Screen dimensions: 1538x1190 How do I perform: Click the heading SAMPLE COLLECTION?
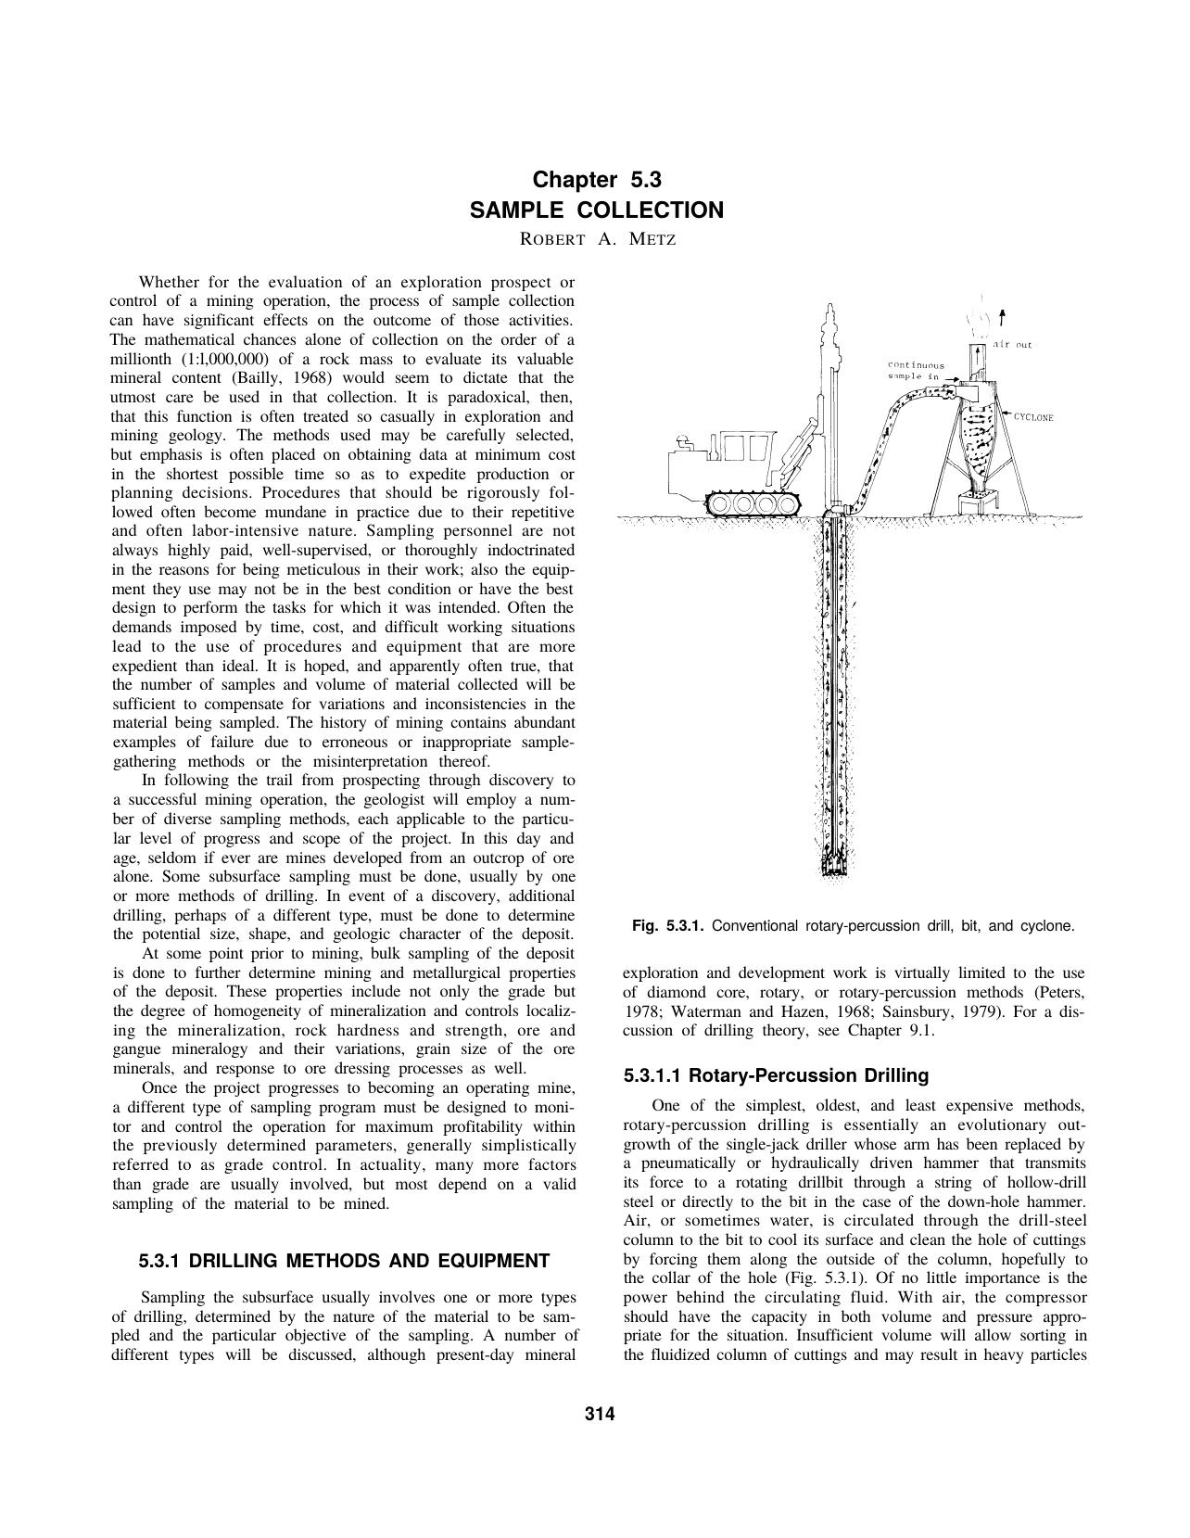click(597, 210)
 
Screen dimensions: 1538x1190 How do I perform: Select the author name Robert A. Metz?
click(598, 239)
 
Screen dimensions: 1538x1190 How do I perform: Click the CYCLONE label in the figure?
click(1034, 417)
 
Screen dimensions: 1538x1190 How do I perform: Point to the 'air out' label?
click(1012, 345)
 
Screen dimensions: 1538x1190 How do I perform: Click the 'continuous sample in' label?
click(916, 371)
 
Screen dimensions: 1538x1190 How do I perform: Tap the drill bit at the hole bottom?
click(837, 866)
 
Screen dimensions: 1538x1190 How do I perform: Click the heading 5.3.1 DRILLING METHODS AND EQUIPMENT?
click(344, 1261)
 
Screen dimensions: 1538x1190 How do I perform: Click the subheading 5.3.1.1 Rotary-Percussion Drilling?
click(776, 1075)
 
